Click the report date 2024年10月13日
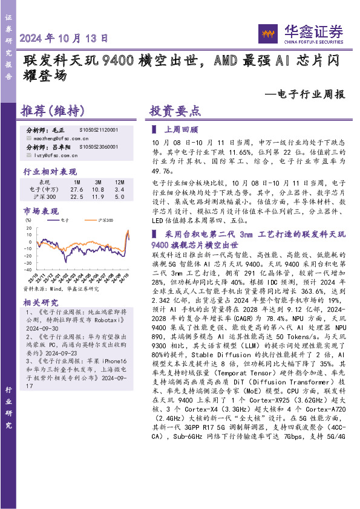coord(64,38)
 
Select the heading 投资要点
coord(175,111)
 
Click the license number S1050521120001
coord(99,130)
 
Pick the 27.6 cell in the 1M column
coord(77,189)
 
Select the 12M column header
coord(119,181)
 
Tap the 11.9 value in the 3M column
coord(97,196)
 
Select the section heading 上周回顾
coord(182,129)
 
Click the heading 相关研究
coord(41,302)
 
